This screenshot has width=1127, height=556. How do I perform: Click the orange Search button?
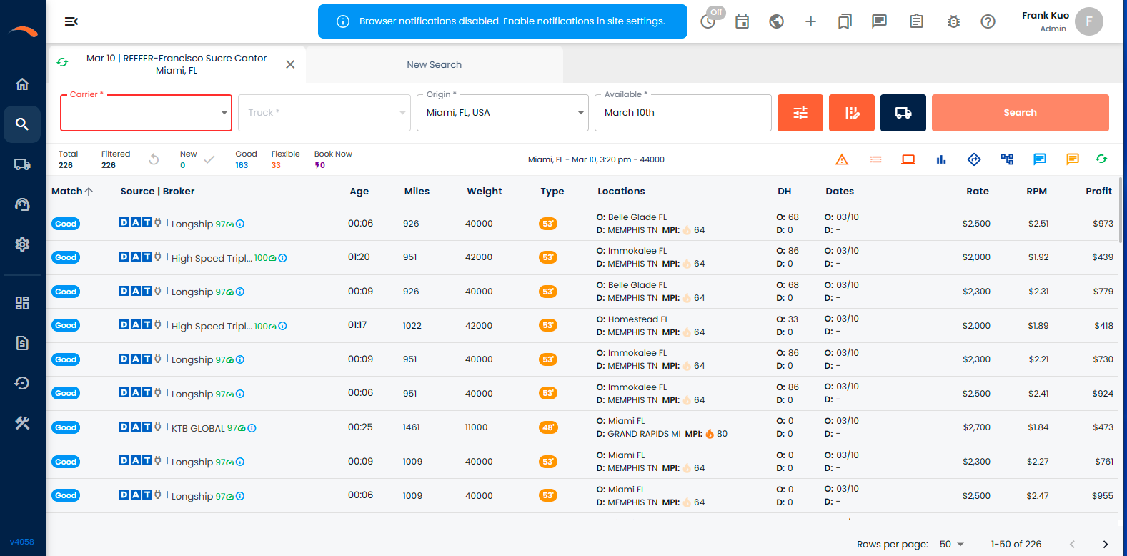pyautogui.click(x=1020, y=113)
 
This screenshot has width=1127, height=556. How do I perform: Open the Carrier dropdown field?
pyautogui.click(x=146, y=113)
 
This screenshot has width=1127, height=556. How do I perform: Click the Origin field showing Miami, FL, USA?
pyautogui.click(x=502, y=113)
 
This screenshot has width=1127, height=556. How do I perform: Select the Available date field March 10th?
pyautogui.click(x=682, y=113)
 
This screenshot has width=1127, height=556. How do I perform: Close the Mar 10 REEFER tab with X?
pyautogui.click(x=290, y=64)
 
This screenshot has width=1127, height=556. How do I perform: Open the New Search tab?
pyautogui.click(x=434, y=65)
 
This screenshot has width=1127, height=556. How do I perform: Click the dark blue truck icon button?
pyautogui.click(x=903, y=113)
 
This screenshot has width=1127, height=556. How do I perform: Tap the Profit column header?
pyautogui.click(x=1098, y=192)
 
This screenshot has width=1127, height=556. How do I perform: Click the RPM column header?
pyautogui.click(x=1036, y=192)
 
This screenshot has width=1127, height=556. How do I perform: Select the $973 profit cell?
pyautogui.click(x=1103, y=224)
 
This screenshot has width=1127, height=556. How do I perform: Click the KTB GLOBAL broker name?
pyautogui.click(x=198, y=428)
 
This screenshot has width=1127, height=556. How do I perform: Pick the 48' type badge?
pyautogui.click(x=548, y=427)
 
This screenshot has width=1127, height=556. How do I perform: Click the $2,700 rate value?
pyautogui.click(x=976, y=427)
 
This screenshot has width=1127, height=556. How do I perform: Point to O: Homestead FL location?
pyautogui.click(x=632, y=319)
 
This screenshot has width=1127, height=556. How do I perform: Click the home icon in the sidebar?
pyautogui.click(x=22, y=84)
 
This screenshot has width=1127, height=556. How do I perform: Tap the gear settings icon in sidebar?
pyautogui.click(x=22, y=244)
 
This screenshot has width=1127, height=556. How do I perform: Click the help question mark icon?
pyautogui.click(x=988, y=21)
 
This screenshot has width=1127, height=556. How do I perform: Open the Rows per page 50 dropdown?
pyautogui.click(x=952, y=545)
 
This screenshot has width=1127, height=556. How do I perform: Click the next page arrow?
pyautogui.click(x=1106, y=545)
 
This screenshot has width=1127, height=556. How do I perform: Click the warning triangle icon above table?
pyautogui.click(x=842, y=159)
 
